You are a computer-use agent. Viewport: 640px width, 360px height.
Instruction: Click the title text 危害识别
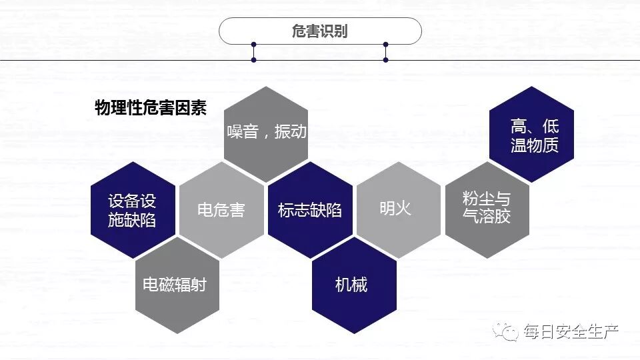click(320, 31)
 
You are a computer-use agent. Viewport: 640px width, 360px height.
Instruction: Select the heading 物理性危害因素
click(151, 108)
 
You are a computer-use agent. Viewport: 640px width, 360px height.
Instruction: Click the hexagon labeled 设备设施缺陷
click(133, 210)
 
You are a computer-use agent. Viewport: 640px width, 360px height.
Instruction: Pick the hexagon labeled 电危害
click(221, 210)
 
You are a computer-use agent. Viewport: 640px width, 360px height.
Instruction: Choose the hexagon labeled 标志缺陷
click(310, 210)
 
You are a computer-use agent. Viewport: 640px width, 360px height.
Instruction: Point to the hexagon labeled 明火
click(398, 209)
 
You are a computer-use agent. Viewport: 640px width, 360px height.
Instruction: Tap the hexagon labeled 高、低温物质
click(531, 135)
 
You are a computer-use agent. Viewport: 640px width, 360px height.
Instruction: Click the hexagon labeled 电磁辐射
click(177, 285)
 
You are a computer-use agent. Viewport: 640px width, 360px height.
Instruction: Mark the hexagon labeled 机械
click(354, 285)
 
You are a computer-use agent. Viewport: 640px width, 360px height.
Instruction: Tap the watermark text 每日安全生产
click(571, 331)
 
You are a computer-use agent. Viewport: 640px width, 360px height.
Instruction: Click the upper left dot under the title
click(254, 45)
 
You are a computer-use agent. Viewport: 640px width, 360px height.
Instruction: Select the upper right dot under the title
click(385, 45)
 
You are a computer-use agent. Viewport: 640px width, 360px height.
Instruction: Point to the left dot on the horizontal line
click(254, 60)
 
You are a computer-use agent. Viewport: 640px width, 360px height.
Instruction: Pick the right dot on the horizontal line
click(385, 60)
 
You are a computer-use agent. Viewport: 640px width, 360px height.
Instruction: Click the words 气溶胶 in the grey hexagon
click(487, 216)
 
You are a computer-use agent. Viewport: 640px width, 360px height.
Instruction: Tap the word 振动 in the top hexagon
click(291, 131)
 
